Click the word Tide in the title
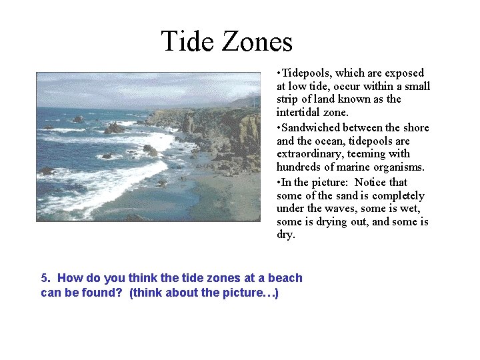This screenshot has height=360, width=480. (188, 41)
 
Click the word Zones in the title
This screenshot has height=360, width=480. (257, 41)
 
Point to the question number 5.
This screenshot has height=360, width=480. (45, 278)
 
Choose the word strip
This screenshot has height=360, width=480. (288, 99)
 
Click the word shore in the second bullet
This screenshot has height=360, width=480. (414, 127)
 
